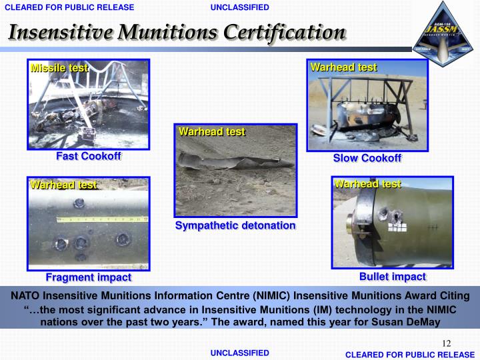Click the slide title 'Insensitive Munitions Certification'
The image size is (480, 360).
177,31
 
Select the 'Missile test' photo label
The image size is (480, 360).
59,68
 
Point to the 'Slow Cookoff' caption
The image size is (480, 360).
367,158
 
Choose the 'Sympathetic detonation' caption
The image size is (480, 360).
235,225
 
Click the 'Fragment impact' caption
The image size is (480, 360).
88,277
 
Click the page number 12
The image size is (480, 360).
446,343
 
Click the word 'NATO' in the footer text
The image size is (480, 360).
25,295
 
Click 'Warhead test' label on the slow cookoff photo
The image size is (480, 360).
343,67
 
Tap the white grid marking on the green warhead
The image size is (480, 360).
399,227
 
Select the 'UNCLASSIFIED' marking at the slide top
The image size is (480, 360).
239,7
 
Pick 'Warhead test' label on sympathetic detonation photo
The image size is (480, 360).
211,132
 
